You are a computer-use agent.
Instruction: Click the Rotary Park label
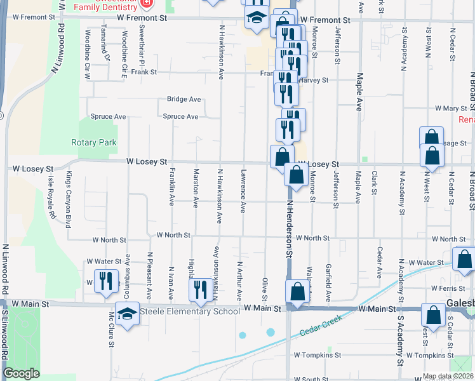click(x=93, y=143)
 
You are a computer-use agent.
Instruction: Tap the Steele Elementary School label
click(x=190, y=311)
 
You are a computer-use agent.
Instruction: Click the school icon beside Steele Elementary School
click(x=127, y=314)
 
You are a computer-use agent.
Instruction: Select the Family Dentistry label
click(x=105, y=7)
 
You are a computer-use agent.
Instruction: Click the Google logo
click(x=21, y=373)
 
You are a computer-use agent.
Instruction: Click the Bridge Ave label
click(x=184, y=99)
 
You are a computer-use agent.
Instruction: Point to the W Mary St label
click(x=451, y=109)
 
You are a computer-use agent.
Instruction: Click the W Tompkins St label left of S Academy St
click(x=318, y=355)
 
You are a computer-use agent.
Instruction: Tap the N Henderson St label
click(x=289, y=229)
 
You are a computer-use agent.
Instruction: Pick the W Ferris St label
click(x=452, y=289)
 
